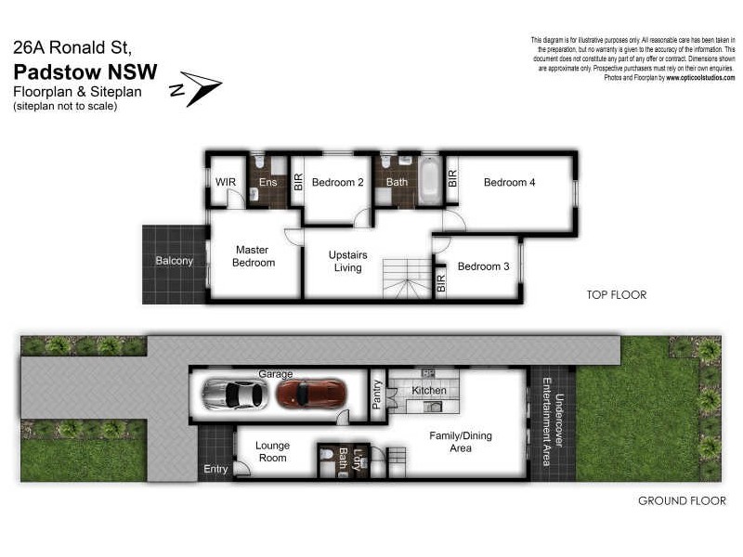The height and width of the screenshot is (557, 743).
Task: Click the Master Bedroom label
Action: (254, 256)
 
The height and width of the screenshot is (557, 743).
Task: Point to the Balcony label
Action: (175, 261)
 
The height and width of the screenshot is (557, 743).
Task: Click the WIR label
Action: (226, 182)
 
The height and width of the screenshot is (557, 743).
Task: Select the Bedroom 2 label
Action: (338, 182)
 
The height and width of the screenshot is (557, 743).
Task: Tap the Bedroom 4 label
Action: (509, 182)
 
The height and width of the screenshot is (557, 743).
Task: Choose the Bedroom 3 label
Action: (483, 266)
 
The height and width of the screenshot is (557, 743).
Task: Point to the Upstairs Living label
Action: (349, 262)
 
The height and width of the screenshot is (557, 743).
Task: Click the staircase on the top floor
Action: (407, 278)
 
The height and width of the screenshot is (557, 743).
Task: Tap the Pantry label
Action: (377, 395)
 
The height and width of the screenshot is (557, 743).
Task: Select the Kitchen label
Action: (428, 391)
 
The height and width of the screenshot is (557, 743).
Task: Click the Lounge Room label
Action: (272, 452)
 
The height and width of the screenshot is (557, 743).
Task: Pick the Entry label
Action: (215, 469)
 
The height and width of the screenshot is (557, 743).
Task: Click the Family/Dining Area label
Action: (461, 442)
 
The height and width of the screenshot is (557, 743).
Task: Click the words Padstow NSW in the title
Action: (85, 72)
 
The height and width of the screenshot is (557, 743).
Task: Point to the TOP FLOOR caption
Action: (616, 295)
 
